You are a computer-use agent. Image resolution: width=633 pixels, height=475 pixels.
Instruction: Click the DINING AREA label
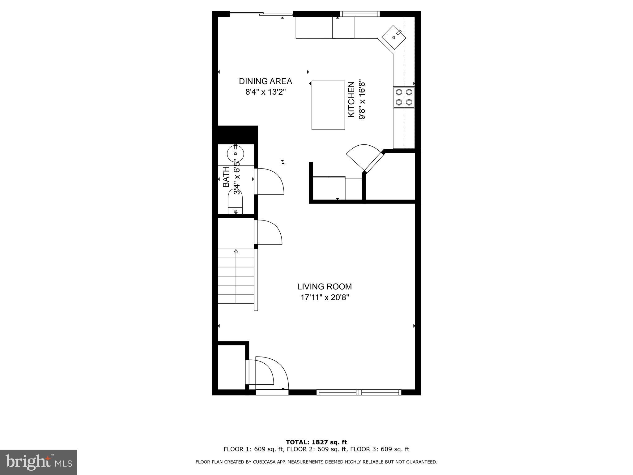click(265, 81)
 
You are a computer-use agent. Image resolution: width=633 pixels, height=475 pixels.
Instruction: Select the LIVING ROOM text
click(324, 287)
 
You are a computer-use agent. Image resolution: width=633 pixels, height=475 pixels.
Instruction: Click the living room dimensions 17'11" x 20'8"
click(325, 297)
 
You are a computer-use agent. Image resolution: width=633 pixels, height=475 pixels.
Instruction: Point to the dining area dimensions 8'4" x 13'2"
click(265, 92)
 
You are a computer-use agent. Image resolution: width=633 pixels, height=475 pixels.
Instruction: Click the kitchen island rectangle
click(328, 105)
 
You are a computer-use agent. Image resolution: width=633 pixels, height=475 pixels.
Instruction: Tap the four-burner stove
click(404, 97)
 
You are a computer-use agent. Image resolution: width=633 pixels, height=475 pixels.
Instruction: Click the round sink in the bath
click(236, 154)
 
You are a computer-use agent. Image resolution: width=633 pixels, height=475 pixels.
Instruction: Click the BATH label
click(226, 177)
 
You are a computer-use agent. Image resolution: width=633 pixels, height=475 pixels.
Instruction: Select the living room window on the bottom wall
click(359, 392)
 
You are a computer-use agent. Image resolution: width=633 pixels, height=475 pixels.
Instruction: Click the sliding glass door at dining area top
click(261, 13)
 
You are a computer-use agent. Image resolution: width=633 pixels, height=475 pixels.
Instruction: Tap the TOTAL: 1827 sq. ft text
click(316, 442)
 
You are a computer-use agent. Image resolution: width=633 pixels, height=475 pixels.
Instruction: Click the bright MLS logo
click(38, 462)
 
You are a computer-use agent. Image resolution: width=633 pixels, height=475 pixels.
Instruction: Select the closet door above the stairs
click(268, 233)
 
